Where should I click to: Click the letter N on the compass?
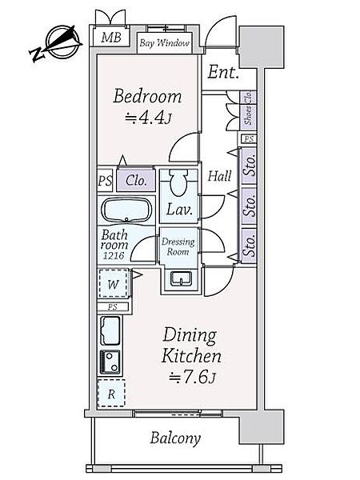tap(37, 54)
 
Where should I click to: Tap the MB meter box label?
tap(111, 38)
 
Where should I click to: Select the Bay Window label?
tap(164, 43)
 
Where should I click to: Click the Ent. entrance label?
tap(223, 73)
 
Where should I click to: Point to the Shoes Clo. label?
tap(248, 108)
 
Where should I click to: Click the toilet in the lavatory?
tap(178, 182)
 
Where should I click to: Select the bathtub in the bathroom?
tap(126, 212)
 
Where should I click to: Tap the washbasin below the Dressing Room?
tap(182, 278)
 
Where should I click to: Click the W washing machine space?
tap(114, 284)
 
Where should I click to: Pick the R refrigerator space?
tap(111, 393)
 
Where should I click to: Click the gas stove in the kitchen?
tap(110, 362)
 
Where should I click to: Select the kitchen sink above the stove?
tap(110, 331)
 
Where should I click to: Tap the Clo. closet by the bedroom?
tap(136, 181)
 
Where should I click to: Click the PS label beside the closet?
tap(105, 181)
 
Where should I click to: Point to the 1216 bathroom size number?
tap(114, 255)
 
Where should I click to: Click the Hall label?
tap(219, 176)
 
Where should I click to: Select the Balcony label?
tap(175, 438)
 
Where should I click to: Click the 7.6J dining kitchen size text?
tap(193, 377)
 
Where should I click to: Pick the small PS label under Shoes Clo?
tap(249, 139)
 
